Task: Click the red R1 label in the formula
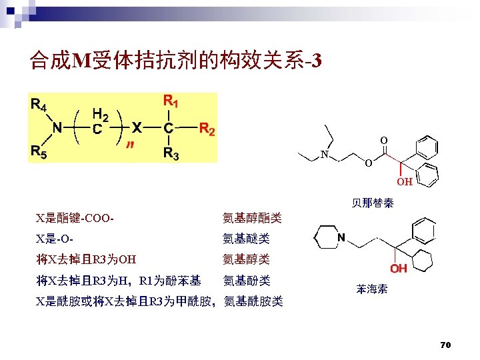click(171, 103)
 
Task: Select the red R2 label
click(207, 129)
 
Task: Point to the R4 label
click(39, 105)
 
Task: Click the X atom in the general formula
click(135, 127)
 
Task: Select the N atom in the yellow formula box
click(57, 127)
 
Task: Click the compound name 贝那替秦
click(372, 203)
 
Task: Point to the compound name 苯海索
click(371, 289)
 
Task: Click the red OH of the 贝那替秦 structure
click(405, 181)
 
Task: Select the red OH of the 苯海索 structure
click(399, 268)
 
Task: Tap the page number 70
click(446, 345)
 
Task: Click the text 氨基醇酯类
click(251, 218)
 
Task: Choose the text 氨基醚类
click(246, 239)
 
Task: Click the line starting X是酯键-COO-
click(79, 218)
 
